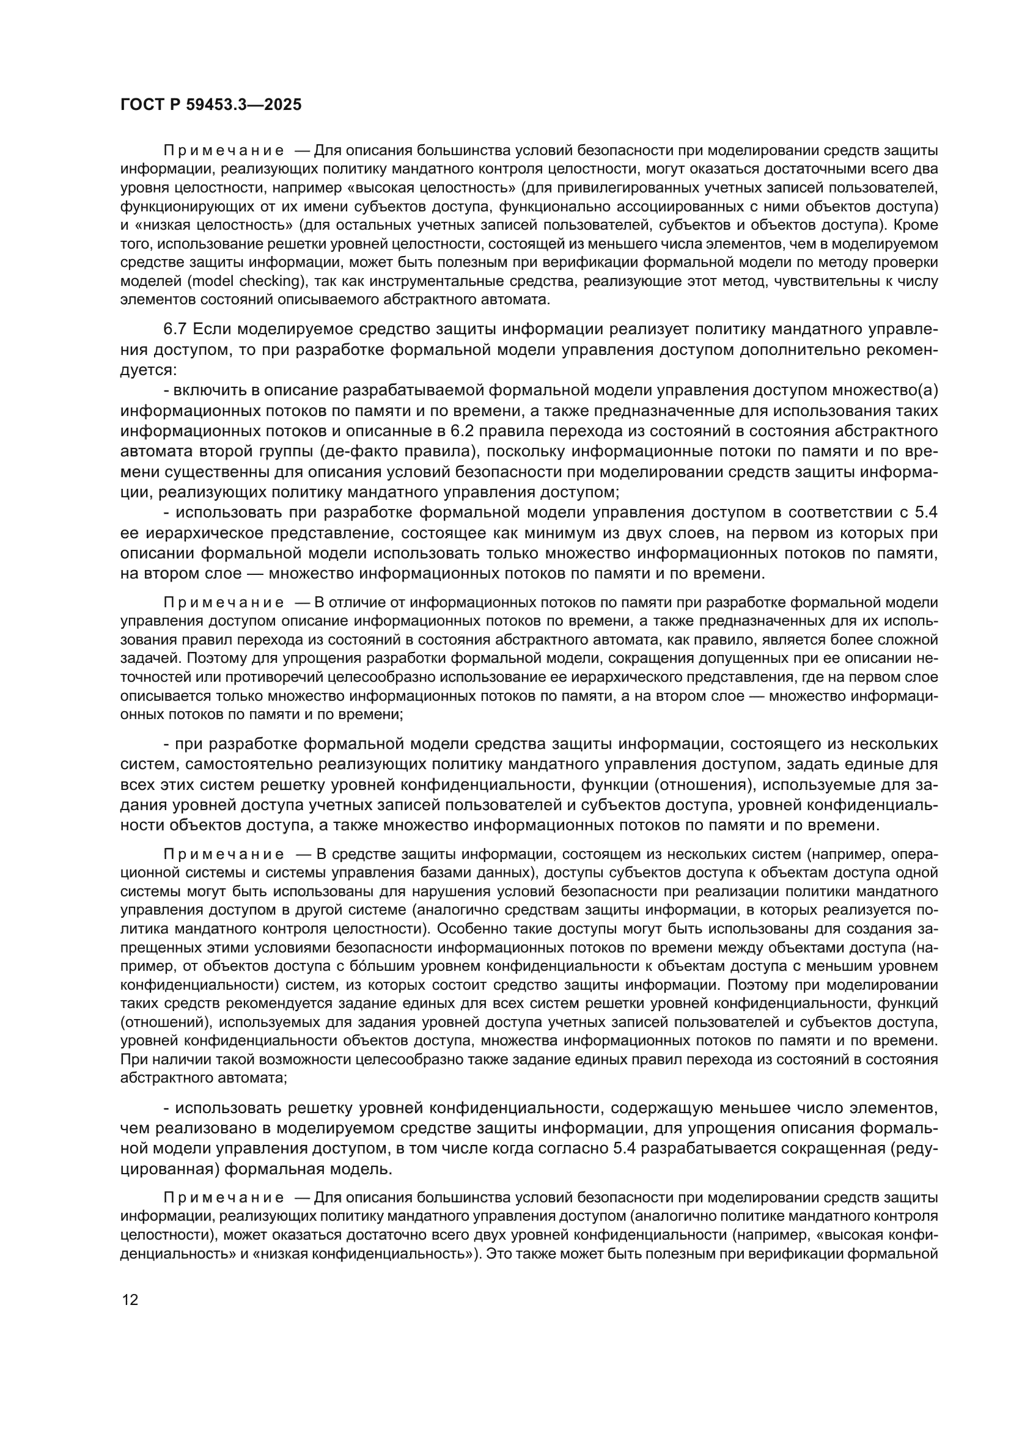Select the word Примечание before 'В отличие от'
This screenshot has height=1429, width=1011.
(224, 602)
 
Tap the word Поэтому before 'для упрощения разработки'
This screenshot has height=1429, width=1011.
(212, 659)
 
